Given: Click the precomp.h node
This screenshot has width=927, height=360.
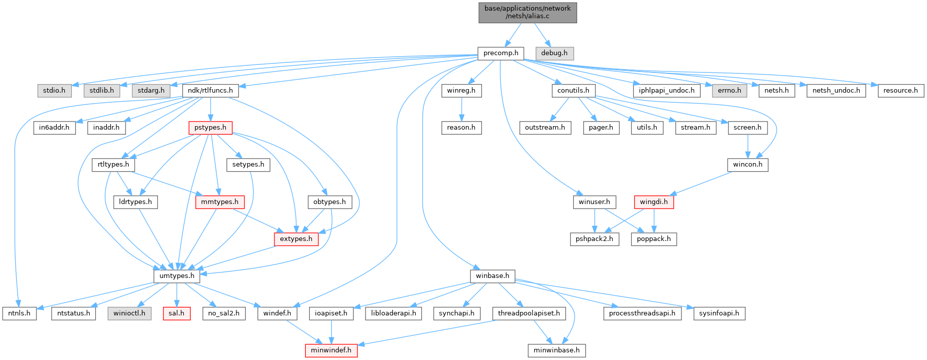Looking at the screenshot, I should click(501, 53).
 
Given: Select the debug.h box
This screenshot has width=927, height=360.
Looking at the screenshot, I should click(554, 53).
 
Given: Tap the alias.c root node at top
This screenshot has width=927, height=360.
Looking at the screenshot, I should click(528, 12).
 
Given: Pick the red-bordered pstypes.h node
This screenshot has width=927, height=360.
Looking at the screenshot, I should click(210, 128).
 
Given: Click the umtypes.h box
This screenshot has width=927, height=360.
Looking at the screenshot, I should click(177, 276).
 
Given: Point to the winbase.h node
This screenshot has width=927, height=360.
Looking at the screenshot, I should click(493, 276).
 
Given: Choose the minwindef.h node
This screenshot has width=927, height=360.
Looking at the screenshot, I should click(331, 350).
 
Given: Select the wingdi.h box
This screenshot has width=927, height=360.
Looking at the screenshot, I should click(654, 202).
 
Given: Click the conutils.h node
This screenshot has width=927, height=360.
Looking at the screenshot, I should click(573, 91).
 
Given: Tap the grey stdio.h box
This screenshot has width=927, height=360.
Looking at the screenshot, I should click(54, 91).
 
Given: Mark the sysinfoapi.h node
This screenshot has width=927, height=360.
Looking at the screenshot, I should click(719, 313).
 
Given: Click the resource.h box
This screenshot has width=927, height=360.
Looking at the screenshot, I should click(900, 91).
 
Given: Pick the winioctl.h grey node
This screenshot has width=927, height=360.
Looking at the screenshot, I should click(129, 313).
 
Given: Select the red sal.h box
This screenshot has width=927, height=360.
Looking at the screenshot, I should click(176, 313).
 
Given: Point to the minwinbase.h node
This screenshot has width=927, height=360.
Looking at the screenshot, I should click(556, 350).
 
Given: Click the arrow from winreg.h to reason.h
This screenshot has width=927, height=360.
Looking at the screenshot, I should click(461, 109).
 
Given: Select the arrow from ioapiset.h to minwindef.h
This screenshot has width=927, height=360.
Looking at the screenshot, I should click(331, 332).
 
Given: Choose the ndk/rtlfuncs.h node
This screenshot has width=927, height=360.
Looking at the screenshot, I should click(210, 91).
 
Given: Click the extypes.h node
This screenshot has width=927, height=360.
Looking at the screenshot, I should click(296, 239).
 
